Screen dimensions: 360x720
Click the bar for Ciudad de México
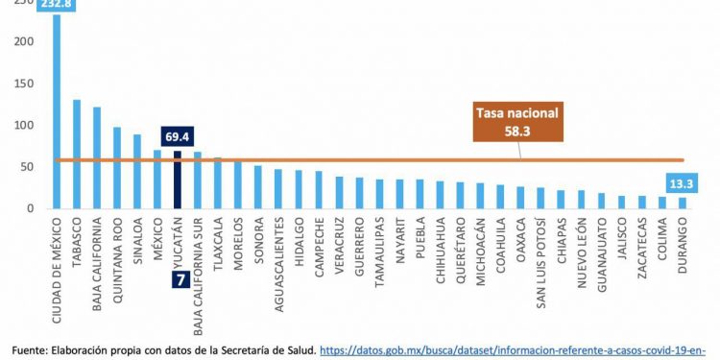click(57, 110)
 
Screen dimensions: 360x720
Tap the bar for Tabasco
click(77, 154)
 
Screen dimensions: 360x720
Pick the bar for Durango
click(683, 203)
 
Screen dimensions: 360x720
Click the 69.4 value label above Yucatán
click(177, 137)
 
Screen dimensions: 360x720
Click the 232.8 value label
click(56, 5)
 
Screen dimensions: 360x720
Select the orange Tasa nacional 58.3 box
click(518, 120)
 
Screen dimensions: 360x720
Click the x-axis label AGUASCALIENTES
click(278, 254)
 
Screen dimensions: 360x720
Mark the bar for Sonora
click(257, 186)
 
